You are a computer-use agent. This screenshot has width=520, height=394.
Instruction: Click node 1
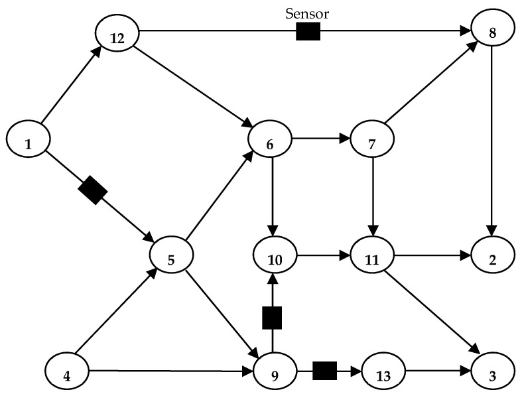click(x=28, y=141)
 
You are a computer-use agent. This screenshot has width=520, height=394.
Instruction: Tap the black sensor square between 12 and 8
click(x=308, y=31)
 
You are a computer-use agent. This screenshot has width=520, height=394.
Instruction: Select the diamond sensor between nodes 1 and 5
click(x=92, y=191)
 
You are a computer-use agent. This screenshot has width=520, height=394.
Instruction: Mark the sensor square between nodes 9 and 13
click(x=324, y=370)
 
